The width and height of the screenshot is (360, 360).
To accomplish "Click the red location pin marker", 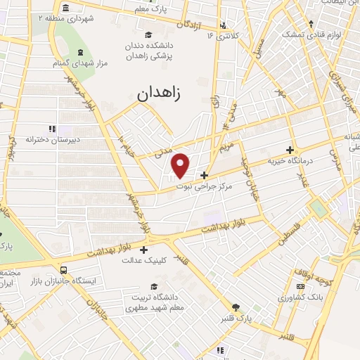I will (x=181, y=165).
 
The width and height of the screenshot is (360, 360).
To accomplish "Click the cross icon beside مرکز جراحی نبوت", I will (x=204, y=175).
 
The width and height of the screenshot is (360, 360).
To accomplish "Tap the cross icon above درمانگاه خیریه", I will (x=290, y=150).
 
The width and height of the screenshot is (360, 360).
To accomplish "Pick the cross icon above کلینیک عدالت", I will (x=144, y=249).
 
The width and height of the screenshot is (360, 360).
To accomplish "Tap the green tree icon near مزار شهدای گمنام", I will (x=80, y=53).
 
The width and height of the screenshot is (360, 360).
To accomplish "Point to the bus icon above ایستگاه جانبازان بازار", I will (x=64, y=269).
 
